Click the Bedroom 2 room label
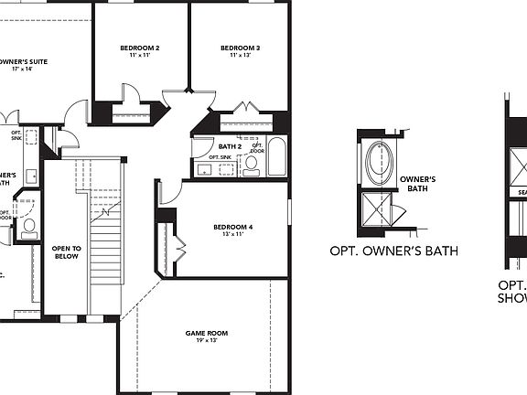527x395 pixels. coord(140,48)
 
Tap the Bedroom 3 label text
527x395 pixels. coord(240,48)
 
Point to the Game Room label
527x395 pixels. coord(200,333)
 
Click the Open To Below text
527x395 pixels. coord(66,252)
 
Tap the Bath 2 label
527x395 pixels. coord(230,145)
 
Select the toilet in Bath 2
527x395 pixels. coord(251,165)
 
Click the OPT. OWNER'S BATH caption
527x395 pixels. coord(393,251)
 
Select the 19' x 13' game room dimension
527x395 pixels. coord(200,341)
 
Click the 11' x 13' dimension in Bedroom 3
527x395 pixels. coord(240,56)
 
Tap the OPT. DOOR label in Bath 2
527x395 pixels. coord(257,146)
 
